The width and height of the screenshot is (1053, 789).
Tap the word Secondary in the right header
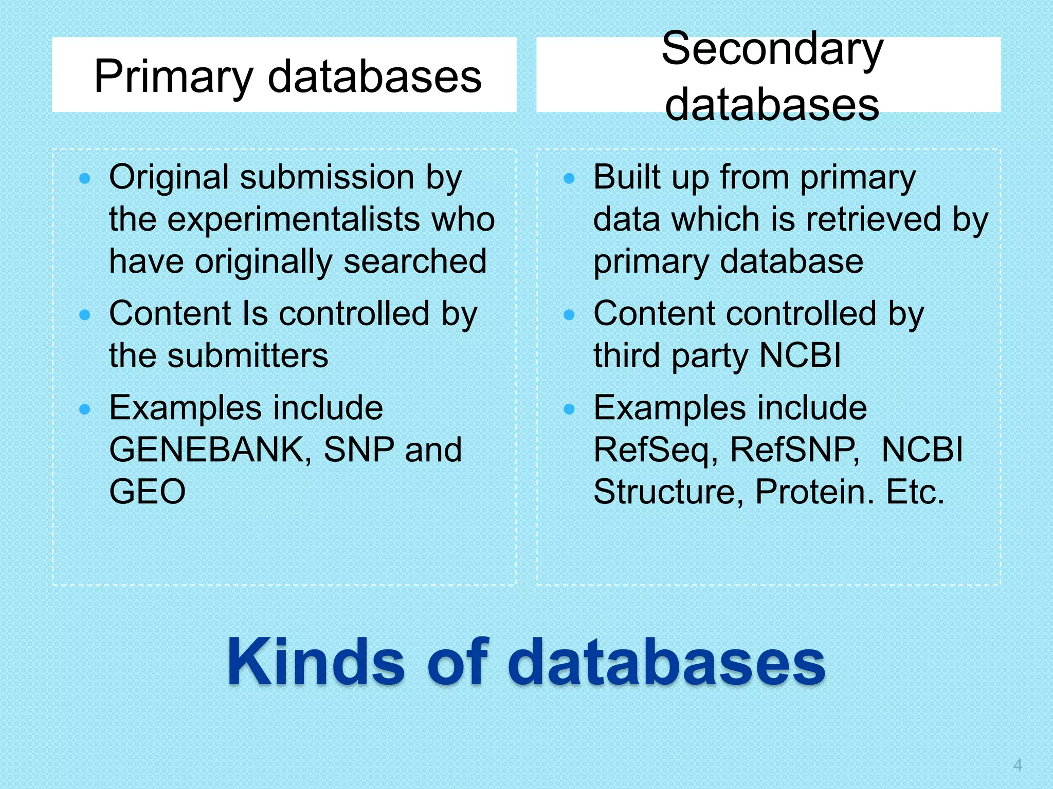point(772,49)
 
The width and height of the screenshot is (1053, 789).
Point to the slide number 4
point(1017,765)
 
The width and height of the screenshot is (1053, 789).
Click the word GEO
point(147,492)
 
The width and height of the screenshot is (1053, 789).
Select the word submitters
point(248,355)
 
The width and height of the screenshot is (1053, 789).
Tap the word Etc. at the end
point(915,492)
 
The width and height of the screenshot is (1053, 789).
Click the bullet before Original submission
point(85,179)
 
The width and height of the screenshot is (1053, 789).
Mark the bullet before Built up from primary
point(569,179)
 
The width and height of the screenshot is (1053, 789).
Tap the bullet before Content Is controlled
point(85,314)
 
